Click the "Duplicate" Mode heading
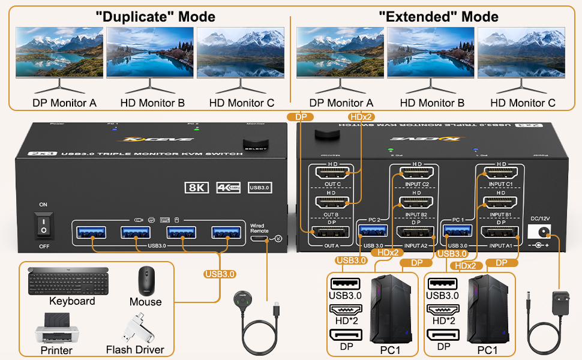point(155,16)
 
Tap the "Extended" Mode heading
point(438,16)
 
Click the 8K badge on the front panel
point(196,188)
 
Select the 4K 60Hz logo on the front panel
point(228,188)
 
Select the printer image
point(56,329)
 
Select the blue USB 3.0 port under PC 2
point(369,232)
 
